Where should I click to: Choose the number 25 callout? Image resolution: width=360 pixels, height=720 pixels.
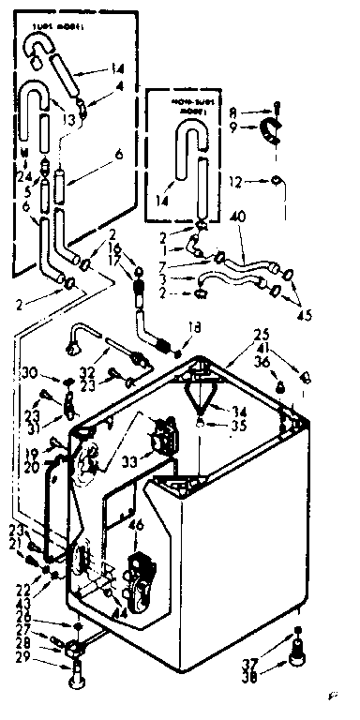coord(261,334)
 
